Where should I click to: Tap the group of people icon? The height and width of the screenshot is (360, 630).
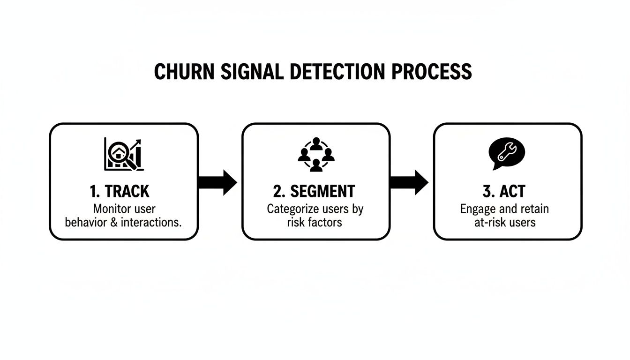315,154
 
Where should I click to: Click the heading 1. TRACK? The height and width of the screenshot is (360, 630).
119,191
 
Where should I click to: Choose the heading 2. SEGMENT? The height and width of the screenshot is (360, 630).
314,191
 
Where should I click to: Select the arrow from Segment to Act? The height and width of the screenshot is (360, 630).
409,182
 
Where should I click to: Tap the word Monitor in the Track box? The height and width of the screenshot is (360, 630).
110,209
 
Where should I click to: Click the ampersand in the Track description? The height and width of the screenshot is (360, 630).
114,222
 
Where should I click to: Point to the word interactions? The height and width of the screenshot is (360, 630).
150,222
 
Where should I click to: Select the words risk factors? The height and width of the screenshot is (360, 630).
315,222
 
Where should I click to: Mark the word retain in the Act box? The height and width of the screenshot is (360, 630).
532,209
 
